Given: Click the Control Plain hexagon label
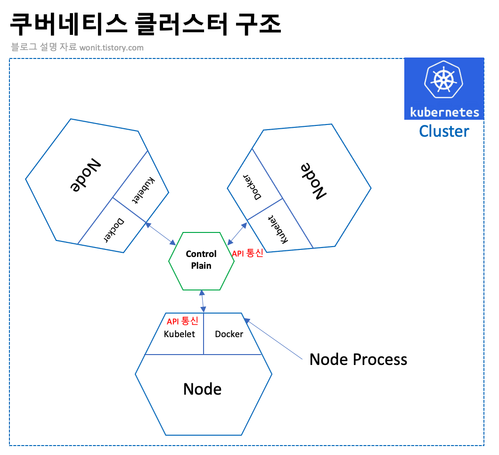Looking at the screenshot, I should pyautogui.click(x=201, y=260).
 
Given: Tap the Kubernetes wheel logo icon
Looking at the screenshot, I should pyautogui.click(x=443, y=80).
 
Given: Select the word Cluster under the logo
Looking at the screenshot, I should pyautogui.click(x=444, y=131).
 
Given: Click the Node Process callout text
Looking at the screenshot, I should pyautogui.click(x=358, y=359).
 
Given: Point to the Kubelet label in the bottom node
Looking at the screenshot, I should pyautogui.click(x=179, y=334).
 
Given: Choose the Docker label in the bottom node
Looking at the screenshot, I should pyautogui.click(x=229, y=334).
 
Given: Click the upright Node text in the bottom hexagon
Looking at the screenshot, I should pyautogui.click(x=203, y=389).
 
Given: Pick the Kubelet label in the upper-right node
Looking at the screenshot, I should pyautogui.click(x=278, y=230).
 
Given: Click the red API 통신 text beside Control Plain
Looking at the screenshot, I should pyautogui.click(x=247, y=253).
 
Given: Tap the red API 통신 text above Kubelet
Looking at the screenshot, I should pyautogui.click(x=182, y=322).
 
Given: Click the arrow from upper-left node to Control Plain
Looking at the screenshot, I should pyautogui.click(x=160, y=233).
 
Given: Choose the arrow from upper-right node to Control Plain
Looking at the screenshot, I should pyautogui.click(x=237, y=232).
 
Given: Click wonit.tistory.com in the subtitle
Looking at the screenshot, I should pyautogui.click(x=112, y=48).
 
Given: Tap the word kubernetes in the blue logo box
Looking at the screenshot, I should pyautogui.click(x=444, y=112).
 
